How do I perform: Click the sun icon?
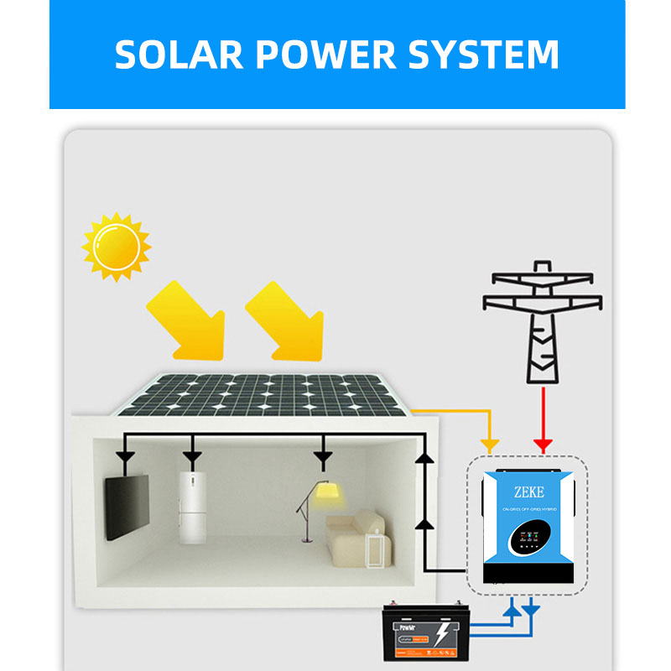tap(116, 246)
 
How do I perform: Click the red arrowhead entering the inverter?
tap(543, 444)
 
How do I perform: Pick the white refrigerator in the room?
tap(191, 507)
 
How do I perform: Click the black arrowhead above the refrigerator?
tap(192, 456)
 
